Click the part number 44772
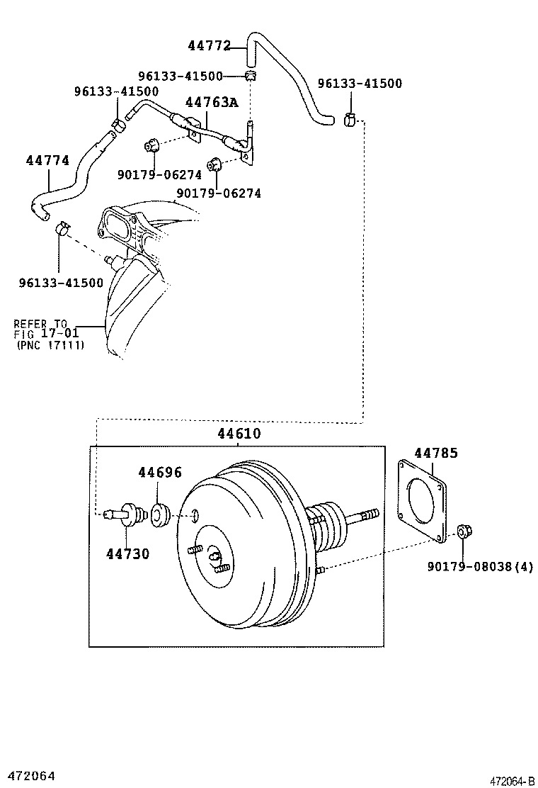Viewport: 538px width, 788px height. (209, 45)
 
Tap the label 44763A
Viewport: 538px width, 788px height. (212, 102)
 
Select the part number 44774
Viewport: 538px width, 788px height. (47, 161)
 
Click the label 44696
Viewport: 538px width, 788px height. (159, 472)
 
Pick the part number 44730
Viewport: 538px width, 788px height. (128, 554)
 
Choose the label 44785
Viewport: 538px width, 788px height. (435, 453)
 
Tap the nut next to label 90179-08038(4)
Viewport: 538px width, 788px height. (464, 531)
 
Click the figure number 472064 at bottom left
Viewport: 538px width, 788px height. (28, 777)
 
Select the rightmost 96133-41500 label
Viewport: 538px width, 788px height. (360, 84)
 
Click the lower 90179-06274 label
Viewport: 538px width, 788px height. (219, 193)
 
